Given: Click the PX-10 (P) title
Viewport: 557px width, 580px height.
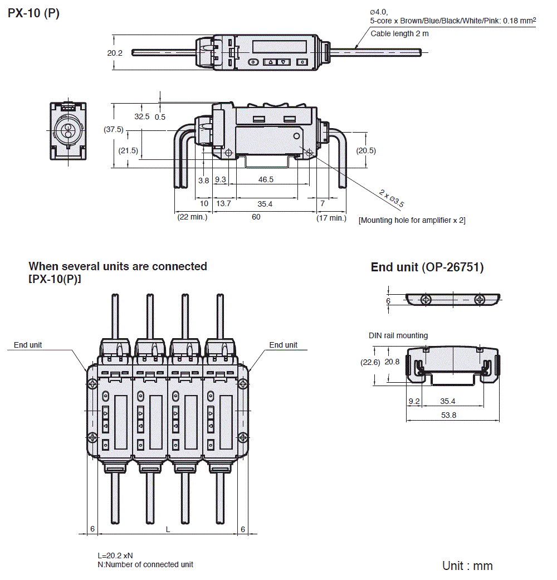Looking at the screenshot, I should (33, 13).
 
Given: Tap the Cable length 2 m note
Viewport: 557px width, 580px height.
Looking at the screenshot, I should (400, 33).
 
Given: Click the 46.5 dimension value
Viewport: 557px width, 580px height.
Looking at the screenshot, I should (266, 179).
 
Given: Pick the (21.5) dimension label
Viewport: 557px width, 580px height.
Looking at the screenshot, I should (128, 150).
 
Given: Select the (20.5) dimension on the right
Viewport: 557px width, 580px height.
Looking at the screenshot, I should (366, 150).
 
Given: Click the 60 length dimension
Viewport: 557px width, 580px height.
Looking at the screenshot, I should (256, 217).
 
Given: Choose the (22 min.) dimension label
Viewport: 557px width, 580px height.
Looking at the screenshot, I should (192, 217).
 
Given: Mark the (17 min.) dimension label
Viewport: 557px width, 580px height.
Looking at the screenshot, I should (331, 218).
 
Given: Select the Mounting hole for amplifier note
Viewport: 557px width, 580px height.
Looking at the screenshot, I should (412, 220).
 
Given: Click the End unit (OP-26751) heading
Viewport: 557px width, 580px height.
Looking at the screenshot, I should (427, 267).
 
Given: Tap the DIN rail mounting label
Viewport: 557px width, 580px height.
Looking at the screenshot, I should (398, 335).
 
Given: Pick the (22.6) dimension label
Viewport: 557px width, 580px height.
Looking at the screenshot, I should (370, 362).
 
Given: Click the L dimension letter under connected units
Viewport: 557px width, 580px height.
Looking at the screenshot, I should (168, 529).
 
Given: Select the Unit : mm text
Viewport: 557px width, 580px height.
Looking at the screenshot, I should (467, 566).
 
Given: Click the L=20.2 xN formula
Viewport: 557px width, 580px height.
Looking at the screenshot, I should (115, 555).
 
